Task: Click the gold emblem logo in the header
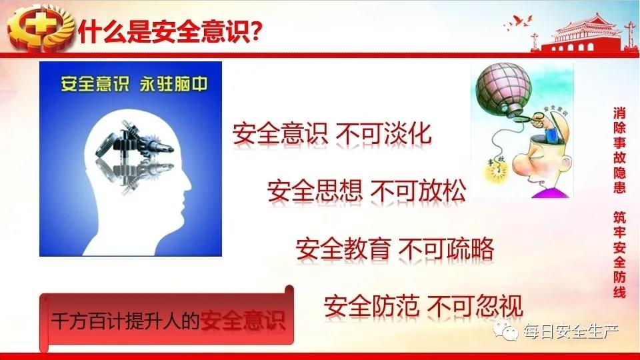[40, 28]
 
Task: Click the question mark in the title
[255, 31]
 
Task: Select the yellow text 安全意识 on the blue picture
[95, 84]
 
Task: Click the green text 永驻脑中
[173, 84]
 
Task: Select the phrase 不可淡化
[383, 133]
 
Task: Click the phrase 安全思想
[315, 191]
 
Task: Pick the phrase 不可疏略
[446, 249]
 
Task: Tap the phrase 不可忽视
[475, 306]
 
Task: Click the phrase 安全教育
[343, 249]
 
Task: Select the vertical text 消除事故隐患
[619, 150]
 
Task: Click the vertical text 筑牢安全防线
[619, 254]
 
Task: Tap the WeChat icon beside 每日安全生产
[506, 330]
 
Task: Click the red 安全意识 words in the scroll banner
[243, 321]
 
